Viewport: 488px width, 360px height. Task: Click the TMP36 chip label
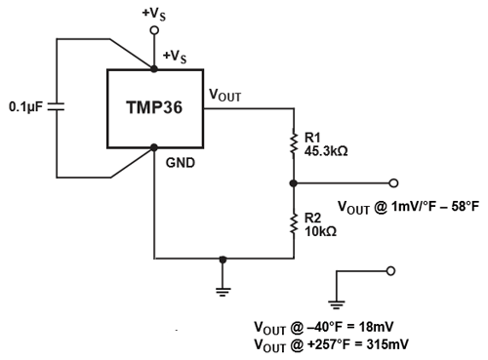[x=154, y=107]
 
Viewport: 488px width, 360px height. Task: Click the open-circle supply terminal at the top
[x=154, y=31]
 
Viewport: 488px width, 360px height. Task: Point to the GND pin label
[x=181, y=164]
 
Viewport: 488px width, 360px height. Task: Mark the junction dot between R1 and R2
[x=293, y=182]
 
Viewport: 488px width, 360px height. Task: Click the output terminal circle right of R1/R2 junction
[x=392, y=182]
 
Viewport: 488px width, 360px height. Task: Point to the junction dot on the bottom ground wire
[x=224, y=260]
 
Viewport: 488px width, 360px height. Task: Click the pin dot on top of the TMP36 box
[x=154, y=69]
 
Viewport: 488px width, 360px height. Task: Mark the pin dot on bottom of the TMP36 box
[x=154, y=148]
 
